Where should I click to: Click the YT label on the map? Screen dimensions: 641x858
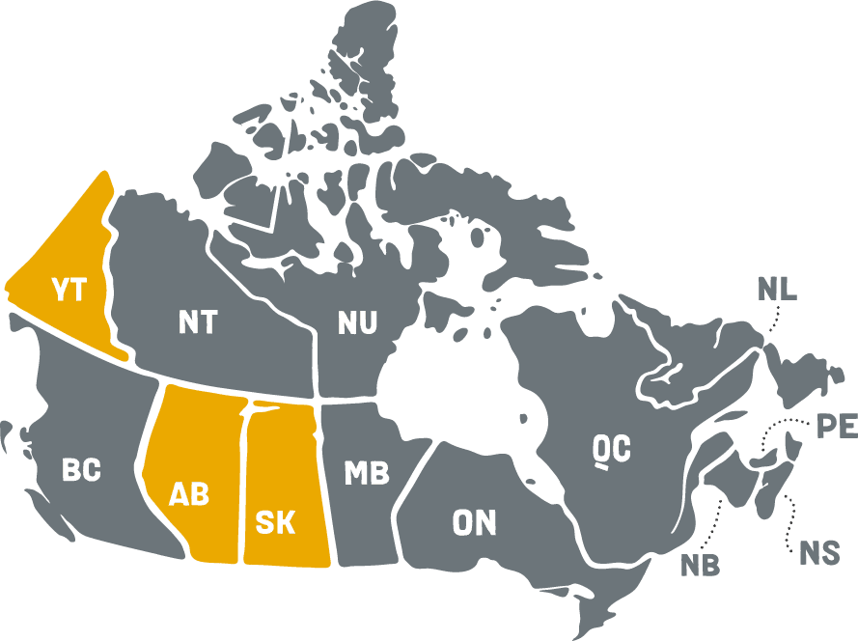pyautogui.click(x=69, y=289)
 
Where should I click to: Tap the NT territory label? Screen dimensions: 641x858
pyautogui.click(x=198, y=321)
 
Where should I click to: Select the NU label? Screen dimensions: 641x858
pyautogui.click(x=357, y=322)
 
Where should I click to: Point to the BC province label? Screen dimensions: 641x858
pyautogui.click(x=81, y=470)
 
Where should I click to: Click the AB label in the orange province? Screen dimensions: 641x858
pyautogui.click(x=188, y=493)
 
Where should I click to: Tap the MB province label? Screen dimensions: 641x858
pyautogui.click(x=367, y=473)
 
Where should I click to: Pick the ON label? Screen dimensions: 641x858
pyautogui.click(x=474, y=522)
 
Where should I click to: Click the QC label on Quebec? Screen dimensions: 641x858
pyautogui.click(x=612, y=449)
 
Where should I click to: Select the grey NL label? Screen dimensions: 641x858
pyautogui.click(x=777, y=289)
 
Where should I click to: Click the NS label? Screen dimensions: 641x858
pyautogui.click(x=818, y=552)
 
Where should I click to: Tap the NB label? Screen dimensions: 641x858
pyautogui.click(x=700, y=565)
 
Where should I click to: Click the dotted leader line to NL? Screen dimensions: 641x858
pyautogui.click(x=773, y=320)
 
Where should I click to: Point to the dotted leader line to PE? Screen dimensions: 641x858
pyautogui.click(x=787, y=426)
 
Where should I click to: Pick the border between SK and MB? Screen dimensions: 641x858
pyautogui.click(x=324, y=483)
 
